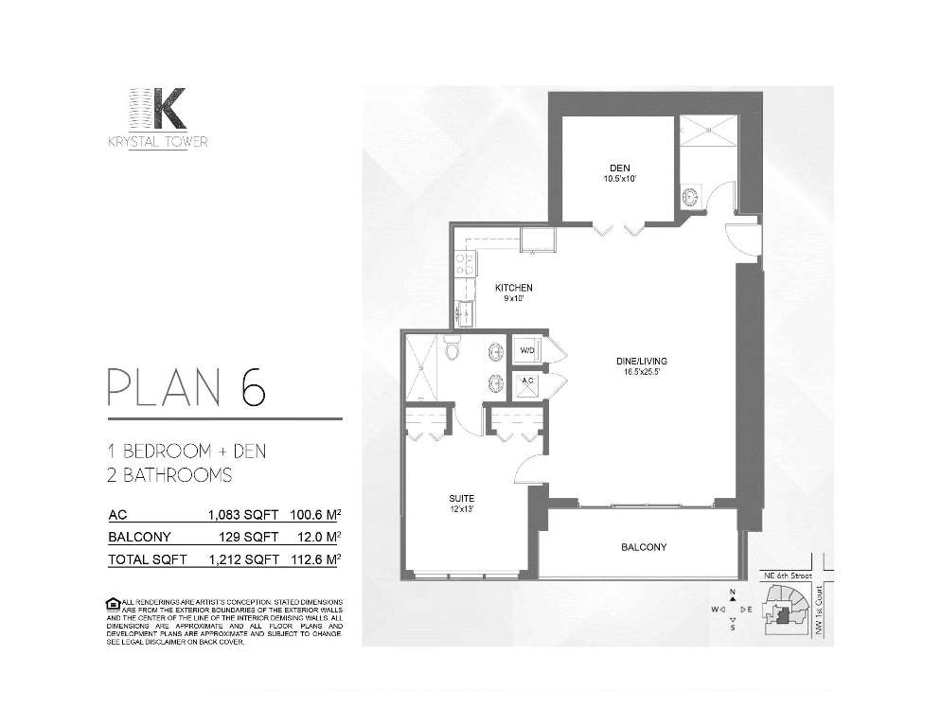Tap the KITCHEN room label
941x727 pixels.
click(514, 288)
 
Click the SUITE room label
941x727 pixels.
click(461, 498)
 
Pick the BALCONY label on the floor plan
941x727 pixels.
click(644, 547)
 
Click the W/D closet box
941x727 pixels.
click(525, 350)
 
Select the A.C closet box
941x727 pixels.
click(527, 382)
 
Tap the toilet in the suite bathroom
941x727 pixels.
click(452, 347)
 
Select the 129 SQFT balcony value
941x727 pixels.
click(249, 538)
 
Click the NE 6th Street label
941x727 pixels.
click(789, 574)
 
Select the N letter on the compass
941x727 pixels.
click(733, 594)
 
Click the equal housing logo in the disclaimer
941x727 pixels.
click(114, 603)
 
